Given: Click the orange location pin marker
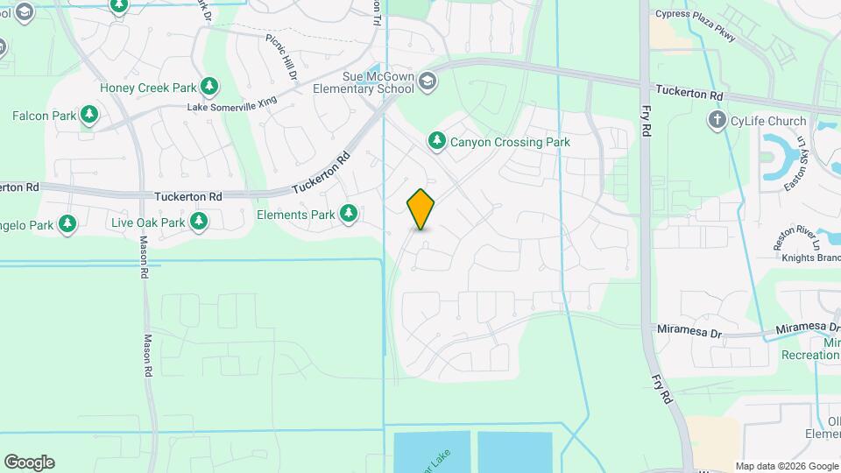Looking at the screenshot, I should (421, 209).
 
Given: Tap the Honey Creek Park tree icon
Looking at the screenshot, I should (208, 87).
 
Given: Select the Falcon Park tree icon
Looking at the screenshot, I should (88, 115).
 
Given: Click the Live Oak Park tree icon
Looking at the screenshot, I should (200, 222).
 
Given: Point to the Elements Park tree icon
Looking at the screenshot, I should (349, 214).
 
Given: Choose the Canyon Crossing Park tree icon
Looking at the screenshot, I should (436, 141).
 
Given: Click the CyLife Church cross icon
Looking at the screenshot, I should (717, 121).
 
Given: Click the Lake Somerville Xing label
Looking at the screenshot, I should (231, 104).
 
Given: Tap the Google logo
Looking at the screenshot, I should (29, 462).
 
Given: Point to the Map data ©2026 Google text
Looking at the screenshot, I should (786, 466).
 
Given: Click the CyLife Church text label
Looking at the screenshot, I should (768, 122).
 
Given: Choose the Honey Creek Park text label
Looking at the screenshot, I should (148, 88).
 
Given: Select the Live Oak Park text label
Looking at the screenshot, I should (148, 222).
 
